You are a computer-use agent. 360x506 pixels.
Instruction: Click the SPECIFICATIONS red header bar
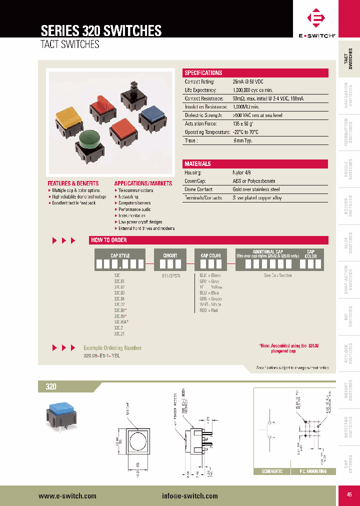pos(256,73)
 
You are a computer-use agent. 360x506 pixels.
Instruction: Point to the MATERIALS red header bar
pos(256,164)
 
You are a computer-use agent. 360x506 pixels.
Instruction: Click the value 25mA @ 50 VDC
pos(248,81)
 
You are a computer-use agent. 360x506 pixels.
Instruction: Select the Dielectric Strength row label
pos(201,115)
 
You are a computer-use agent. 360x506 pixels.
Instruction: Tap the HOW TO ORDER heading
pos(109,240)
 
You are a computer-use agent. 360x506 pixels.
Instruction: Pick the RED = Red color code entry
pos(208,310)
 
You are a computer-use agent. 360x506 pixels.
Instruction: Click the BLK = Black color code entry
pos(210,275)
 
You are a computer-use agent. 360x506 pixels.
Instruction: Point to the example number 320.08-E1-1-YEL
pos(102,355)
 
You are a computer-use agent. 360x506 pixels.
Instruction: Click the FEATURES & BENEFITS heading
pos(73,183)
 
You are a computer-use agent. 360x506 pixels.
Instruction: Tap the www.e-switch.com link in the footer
pos(67,495)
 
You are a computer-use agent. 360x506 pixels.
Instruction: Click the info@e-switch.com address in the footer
pos(189,495)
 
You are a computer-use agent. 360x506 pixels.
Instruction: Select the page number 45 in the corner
pos(348,494)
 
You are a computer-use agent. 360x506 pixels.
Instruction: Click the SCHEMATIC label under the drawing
pos(272,471)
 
